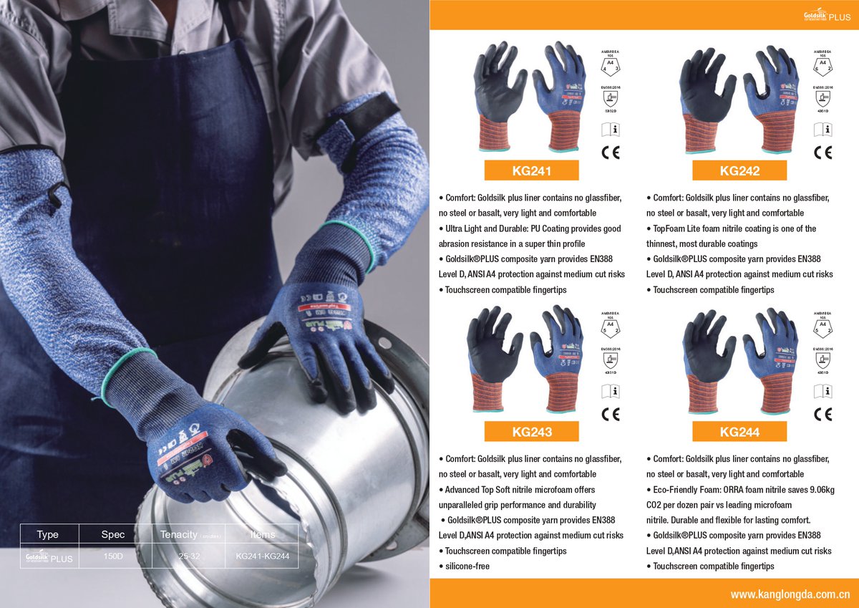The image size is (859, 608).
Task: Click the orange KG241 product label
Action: click(x=531, y=170)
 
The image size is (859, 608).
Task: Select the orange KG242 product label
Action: click(x=739, y=170)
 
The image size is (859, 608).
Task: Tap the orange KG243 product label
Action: click(x=531, y=432)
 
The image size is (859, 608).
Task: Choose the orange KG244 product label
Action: click(x=739, y=432)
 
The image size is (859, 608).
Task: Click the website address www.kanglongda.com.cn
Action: click(x=789, y=594)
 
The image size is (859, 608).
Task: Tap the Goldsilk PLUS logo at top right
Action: click(x=826, y=16)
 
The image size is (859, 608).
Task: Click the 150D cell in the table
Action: click(x=113, y=556)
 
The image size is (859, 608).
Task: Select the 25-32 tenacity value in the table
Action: click(x=189, y=556)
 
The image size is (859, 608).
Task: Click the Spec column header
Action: click(x=113, y=534)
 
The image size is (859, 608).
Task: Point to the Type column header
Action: click(x=47, y=534)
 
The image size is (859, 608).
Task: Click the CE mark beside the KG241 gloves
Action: click(x=611, y=152)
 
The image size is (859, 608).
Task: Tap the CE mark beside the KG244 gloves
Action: click(x=822, y=414)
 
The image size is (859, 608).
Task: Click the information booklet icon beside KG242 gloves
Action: click(x=822, y=130)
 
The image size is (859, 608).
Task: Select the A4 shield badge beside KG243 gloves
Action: click(x=611, y=327)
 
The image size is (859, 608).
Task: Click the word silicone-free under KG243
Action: click(x=467, y=566)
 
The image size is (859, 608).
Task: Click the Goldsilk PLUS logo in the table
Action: click(x=49, y=557)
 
